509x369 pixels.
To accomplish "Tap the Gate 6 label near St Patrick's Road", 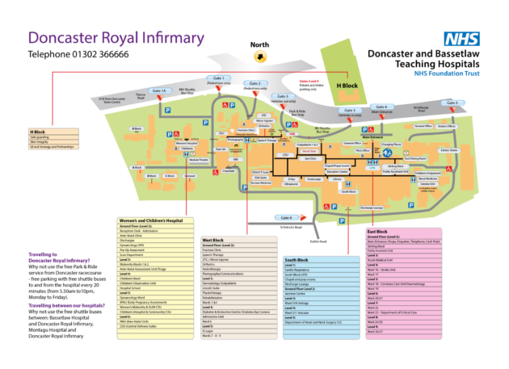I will pos(285,217).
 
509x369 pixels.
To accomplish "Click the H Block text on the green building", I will pos(346,86).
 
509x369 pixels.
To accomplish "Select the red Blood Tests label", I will pos(309,151).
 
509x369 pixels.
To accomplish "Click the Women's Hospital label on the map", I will pos(187,144).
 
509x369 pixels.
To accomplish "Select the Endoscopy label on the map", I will pos(314,181).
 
